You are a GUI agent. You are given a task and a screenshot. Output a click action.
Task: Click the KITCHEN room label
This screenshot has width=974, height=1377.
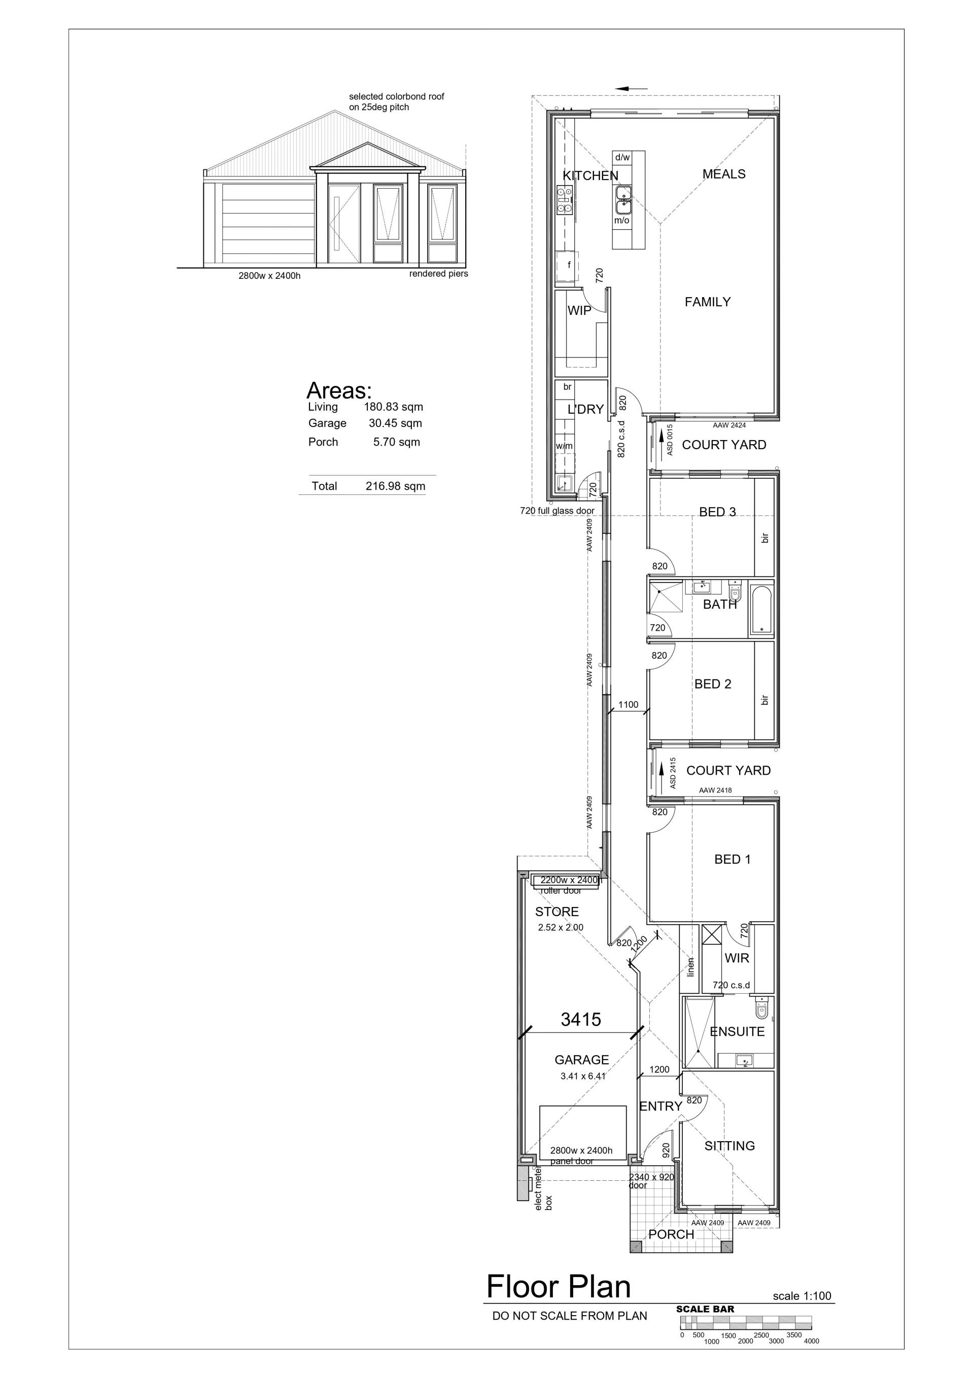[590, 176]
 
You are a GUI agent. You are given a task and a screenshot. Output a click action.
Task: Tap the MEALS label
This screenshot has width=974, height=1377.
[724, 174]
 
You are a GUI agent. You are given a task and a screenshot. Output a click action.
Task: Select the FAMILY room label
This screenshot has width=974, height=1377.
[708, 302]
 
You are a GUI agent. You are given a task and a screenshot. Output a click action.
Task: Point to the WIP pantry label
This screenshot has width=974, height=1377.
[579, 311]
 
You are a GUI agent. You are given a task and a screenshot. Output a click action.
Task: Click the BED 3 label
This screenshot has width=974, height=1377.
[717, 512]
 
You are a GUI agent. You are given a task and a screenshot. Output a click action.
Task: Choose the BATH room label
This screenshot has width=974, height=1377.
[719, 604]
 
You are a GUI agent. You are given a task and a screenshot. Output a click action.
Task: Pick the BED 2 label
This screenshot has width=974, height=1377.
[712, 684]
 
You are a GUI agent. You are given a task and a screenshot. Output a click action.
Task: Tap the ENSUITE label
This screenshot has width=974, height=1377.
[737, 1032]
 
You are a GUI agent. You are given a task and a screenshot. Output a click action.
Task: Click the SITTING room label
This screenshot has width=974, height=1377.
[729, 1145]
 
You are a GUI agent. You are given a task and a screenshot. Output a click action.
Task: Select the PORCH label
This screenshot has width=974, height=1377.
[671, 1234]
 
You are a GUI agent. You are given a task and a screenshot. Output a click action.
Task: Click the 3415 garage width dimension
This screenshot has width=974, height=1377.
[580, 1020]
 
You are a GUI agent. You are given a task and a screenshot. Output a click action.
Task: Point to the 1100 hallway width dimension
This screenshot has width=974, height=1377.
[629, 705]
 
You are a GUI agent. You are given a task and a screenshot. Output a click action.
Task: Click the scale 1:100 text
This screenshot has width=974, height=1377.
[802, 1296]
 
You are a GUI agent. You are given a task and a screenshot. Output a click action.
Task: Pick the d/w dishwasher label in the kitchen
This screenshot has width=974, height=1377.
[622, 157]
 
